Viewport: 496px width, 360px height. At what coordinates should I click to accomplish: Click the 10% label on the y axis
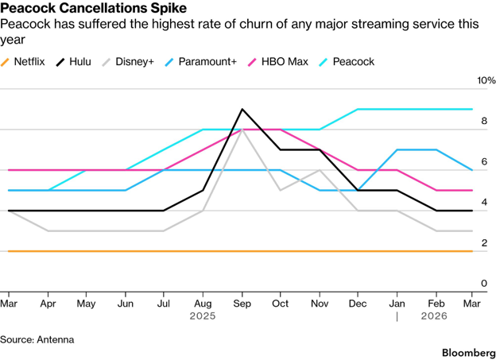[486, 81]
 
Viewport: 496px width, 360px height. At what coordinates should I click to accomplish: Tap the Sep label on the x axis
[242, 304]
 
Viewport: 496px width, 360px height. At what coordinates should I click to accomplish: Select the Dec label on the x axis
[358, 304]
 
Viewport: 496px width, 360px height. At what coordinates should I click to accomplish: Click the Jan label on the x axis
[397, 304]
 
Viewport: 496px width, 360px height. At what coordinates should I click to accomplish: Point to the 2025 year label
[203, 316]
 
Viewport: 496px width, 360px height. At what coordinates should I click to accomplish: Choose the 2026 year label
[434, 316]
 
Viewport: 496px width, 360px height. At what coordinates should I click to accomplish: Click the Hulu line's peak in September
[242, 110]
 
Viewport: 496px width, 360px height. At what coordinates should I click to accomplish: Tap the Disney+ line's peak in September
[242, 130]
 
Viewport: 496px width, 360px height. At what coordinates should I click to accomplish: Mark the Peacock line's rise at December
[358, 110]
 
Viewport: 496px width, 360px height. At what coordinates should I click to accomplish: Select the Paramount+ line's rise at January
[397, 149]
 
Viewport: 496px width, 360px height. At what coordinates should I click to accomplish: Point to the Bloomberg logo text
[463, 350]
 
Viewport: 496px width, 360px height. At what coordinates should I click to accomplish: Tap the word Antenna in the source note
[55, 339]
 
